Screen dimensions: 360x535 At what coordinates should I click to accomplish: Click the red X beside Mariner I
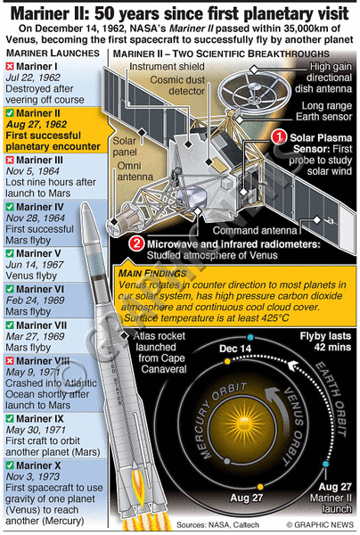tap(10, 66)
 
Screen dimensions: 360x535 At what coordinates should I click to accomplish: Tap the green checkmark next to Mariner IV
tap(10, 207)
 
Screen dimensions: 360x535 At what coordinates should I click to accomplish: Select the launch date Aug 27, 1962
tap(37, 124)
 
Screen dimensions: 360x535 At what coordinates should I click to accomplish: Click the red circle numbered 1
tap(279, 137)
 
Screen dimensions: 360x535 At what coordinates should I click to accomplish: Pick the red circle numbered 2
tap(136, 243)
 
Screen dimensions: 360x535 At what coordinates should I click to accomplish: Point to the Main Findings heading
tap(152, 274)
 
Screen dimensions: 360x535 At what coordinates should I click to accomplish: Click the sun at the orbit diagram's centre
tap(242, 420)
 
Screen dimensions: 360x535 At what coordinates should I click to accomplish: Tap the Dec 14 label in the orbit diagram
tap(235, 349)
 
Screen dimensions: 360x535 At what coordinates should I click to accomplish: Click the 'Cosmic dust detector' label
tap(177, 86)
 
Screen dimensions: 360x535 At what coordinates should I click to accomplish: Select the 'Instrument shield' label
tap(167, 66)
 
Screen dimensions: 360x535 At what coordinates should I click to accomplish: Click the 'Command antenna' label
tap(255, 230)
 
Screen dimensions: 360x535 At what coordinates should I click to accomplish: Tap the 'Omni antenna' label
tap(135, 171)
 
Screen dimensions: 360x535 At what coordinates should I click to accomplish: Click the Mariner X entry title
tap(38, 465)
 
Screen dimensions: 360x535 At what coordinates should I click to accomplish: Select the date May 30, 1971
tap(36, 430)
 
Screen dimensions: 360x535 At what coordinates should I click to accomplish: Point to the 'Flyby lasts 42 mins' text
tap(325, 342)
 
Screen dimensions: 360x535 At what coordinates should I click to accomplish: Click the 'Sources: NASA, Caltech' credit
tap(217, 525)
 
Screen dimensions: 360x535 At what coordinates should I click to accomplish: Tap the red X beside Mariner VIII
tap(10, 360)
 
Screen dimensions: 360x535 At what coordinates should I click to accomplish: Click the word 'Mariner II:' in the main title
tap(51, 13)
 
